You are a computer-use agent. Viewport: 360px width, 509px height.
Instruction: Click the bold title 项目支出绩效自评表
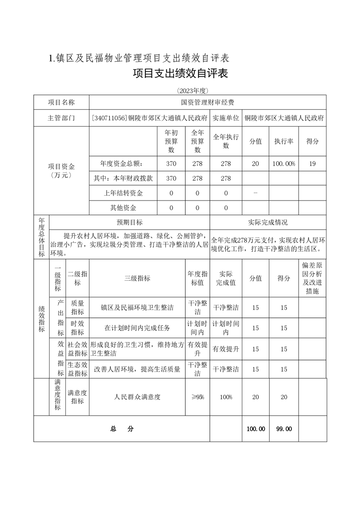[x=180, y=73]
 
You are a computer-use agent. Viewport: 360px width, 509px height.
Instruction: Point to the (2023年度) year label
[x=180, y=90]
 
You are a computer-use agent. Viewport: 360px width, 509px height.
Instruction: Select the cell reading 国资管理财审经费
[x=207, y=103]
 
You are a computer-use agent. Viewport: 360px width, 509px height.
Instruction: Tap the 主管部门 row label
[x=61, y=118]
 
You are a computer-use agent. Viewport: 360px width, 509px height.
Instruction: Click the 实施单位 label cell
[x=226, y=118]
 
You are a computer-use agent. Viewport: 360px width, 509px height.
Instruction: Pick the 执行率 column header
[x=284, y=141]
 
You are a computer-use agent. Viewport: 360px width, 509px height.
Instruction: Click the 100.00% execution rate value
[x=284, y=164]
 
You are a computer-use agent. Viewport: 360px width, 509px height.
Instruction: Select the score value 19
[x=312, y=164]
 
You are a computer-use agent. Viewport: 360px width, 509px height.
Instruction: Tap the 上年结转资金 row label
[x=123, y=193]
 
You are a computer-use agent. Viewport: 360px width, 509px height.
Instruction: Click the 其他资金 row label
[x=123, y=208]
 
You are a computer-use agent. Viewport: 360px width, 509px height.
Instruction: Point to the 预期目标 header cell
[x=129, y=222]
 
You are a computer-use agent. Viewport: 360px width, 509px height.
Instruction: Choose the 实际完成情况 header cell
[x=268, y=222]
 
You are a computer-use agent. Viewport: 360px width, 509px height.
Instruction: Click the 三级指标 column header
[x=137, y=278]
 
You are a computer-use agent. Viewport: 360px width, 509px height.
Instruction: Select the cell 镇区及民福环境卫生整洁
[x=137, y=308]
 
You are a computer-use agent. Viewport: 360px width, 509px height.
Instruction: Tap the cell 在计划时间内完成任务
[x=137, y=328]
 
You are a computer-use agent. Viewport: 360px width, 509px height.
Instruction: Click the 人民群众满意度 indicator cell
[x=137, y=397]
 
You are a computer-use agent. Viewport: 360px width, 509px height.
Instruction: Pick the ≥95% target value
[x=197, y=397]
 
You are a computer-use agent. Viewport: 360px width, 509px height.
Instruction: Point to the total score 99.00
[x=284, y=429]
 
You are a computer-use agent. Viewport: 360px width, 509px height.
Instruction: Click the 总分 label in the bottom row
[x=121, y=429]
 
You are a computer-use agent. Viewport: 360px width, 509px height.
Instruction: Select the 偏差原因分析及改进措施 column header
[x=312, y=278]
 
